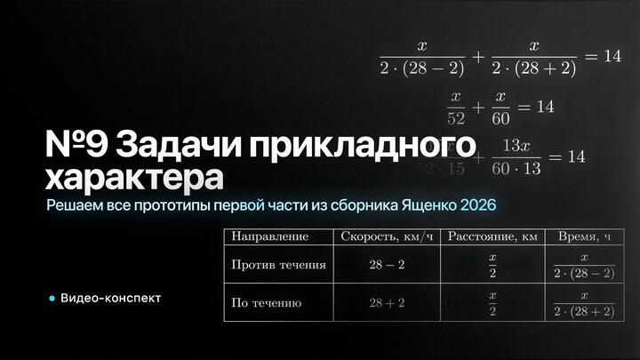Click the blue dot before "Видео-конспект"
point(52,298)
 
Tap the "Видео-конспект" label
point(111,298)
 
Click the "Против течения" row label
point(278,265)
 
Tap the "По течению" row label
point(267,303)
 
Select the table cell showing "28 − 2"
point(387,265)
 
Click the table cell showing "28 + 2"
point(387,303)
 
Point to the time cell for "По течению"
point(583,303)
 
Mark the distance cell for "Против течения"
point(492,265)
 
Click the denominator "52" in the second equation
point(457,116)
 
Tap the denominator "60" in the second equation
point(500,116)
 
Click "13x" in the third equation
point(516,144)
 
